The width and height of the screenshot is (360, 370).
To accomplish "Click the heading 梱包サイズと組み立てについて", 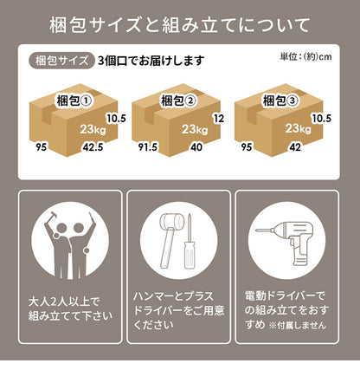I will tap(180, 24).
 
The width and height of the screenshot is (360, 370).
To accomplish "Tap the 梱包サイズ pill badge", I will tap(61, 61).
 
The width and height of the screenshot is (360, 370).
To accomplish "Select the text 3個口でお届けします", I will tap(151, 61).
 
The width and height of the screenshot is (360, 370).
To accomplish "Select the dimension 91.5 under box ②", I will tap(147, 147).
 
